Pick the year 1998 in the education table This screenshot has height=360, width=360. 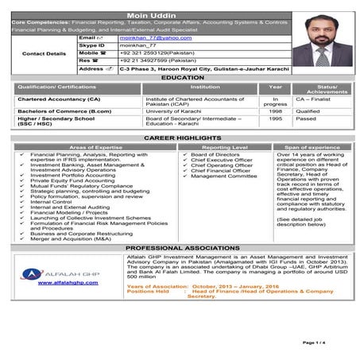[x=274, y=112]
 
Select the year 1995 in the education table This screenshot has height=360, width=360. [x=274, y=121]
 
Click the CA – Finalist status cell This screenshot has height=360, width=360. [x=312, y=100]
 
